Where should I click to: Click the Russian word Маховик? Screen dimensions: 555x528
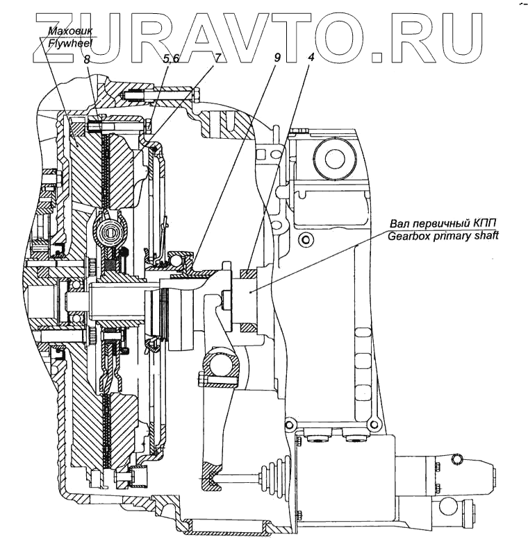(69, 31)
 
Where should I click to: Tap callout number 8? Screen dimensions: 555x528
(86, 60)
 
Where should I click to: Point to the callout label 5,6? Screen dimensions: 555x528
(171, 60)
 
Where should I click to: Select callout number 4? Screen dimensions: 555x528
(311, 58)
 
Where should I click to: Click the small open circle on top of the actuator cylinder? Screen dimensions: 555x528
(456, 458)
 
